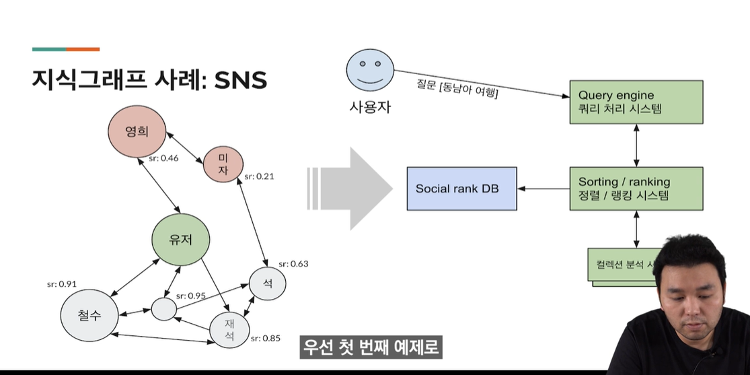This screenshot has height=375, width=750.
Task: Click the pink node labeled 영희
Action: pyautogui.click(x=137, y=131)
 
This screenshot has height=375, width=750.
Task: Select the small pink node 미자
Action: pyautogui.click(x=223, y=164)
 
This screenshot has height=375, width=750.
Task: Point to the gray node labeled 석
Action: pyautogui.click(x=267, y=285)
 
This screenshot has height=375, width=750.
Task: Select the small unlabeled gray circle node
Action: pyautogui.click(x=163, y=309)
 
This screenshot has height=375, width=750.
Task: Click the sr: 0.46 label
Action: pyautogui.click(x=163, y=159)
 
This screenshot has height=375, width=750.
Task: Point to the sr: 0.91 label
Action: pyautogui.click(x=61, y=284)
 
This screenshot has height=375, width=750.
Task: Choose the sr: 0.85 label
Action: pyautogui.click(x=265, y=338)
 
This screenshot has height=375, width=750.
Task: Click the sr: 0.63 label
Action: pyautogui.click(x=293, y=263)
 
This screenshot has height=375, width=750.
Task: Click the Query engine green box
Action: pyautogui.click(x=636, y=102)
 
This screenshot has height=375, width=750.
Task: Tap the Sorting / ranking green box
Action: pyautogui.click(x=636, y=189)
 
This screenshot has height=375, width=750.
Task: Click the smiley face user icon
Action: pyautogui.click(x=369, y=71)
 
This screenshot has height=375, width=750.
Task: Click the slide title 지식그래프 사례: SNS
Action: pyautogui.click(x=149, y=80)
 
